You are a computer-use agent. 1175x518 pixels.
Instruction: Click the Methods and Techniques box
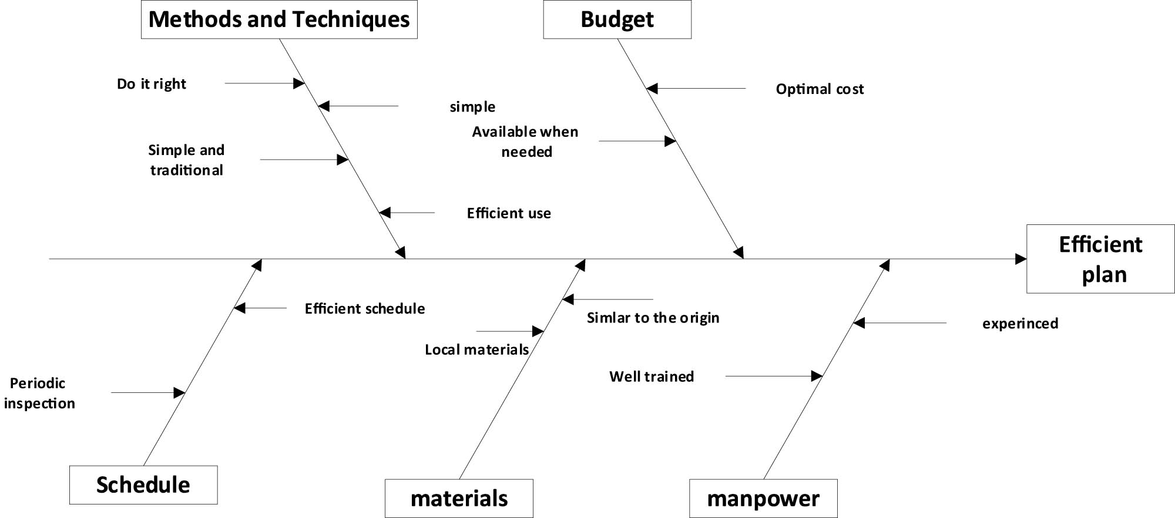[x=279, y=19]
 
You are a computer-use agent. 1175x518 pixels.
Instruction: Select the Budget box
[x=617, y=19]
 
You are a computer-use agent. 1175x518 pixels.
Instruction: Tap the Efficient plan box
[x=1100, y=258]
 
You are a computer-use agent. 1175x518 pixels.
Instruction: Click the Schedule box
[x=143, y=485]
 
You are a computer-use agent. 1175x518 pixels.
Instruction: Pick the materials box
[x=459, y=498]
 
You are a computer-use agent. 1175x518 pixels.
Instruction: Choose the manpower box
[x=763, y=498]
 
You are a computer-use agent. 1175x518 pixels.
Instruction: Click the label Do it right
[x=152, y=84]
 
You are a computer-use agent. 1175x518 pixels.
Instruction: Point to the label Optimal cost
[x=820, y=89]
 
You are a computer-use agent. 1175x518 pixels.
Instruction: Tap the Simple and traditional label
[x=186, y=160]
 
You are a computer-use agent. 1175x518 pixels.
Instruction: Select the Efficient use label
[x=509, y=213]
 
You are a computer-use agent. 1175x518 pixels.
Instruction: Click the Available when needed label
[x=526, y=142]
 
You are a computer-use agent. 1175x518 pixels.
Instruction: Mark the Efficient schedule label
[x=365, y=309]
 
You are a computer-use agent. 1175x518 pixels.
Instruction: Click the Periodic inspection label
[x=39, y=393]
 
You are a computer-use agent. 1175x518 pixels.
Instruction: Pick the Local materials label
[x=477, y=350]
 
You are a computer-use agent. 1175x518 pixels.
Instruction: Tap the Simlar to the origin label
[x=653, y=318]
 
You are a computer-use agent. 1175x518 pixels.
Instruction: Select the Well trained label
[x=652, y=376]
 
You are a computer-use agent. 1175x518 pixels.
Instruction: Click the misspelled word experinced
[x=1020, y=324]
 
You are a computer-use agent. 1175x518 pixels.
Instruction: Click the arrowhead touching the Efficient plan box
[x=1021, y=259]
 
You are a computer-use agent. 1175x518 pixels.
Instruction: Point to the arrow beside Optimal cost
[x=696, y=89]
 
